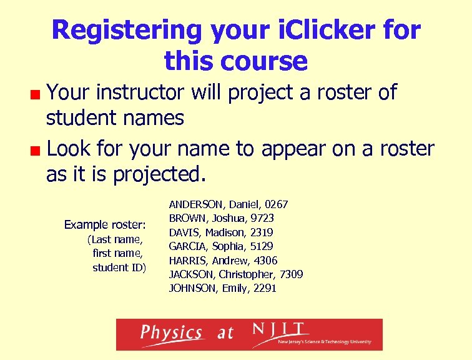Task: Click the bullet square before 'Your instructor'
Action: (x=38, y=95)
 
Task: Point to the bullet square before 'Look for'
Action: (x=38, y=151)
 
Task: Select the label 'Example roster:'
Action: (x=105, y=224)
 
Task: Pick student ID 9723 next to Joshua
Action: (x=262, y=219)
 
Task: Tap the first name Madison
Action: (x=224, y=232)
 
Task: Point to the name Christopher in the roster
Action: (x=243, y=274)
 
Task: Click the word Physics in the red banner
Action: (x=171, y=332)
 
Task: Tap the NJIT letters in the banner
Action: (x=279, y=329)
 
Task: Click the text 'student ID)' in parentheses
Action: (x=119, y=267)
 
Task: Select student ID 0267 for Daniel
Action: (x=277, y=204)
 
